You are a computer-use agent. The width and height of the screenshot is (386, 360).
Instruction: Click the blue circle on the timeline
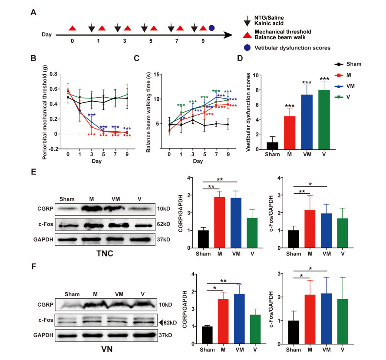coord(211,28)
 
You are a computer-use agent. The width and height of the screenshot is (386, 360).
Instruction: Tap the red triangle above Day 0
coord(73,28)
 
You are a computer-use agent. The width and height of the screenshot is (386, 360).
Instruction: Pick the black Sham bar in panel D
coord(260,145)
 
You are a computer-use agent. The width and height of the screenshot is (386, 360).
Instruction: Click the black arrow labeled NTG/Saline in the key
coord(246,19)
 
